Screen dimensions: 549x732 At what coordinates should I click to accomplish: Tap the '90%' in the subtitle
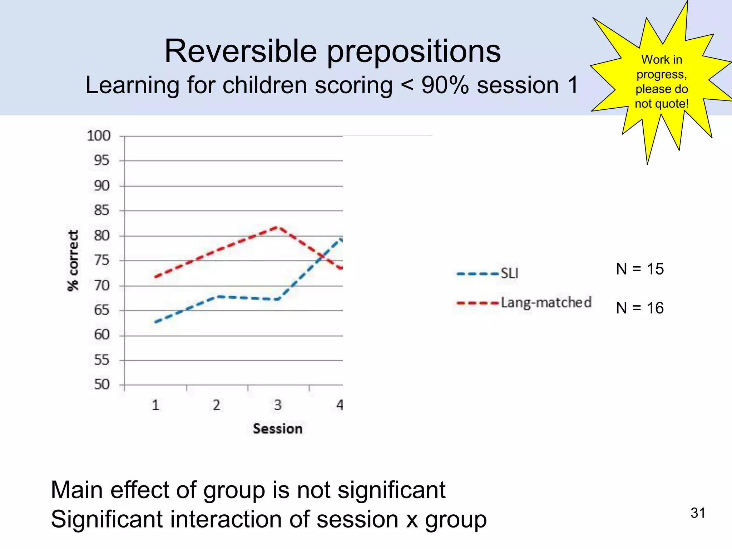coord(445,85)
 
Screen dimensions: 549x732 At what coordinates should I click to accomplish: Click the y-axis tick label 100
coord(99,136)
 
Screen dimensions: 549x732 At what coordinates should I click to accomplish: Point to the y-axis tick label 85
coord(102,210)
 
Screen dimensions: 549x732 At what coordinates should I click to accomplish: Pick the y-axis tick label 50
coord(102,385)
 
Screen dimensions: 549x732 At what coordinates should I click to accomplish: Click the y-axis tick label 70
coord(102,286)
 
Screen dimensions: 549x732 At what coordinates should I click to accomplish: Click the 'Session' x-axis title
coord(277,429)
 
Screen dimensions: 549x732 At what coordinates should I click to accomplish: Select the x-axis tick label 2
coord(217,405)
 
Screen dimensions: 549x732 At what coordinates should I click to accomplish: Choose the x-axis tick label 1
coord(155,405)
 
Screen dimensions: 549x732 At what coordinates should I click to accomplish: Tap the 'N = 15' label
coord(639,269)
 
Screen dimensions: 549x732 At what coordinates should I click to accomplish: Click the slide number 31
coord(698,513)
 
